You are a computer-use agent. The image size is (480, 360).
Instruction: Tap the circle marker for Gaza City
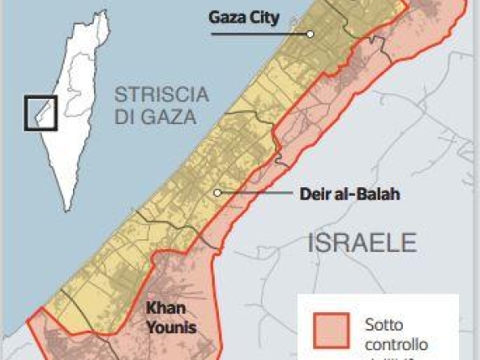[x=310, y=34]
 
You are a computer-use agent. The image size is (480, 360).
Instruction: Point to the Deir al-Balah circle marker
[x=217, y=193]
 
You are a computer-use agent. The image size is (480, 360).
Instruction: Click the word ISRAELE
[x=363, y=243]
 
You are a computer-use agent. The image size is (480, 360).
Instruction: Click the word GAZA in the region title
[x=166, y=117]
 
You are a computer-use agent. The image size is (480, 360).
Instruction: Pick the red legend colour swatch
[x=331, y=332]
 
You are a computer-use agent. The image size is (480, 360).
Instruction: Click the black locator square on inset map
[x=40, y=112]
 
